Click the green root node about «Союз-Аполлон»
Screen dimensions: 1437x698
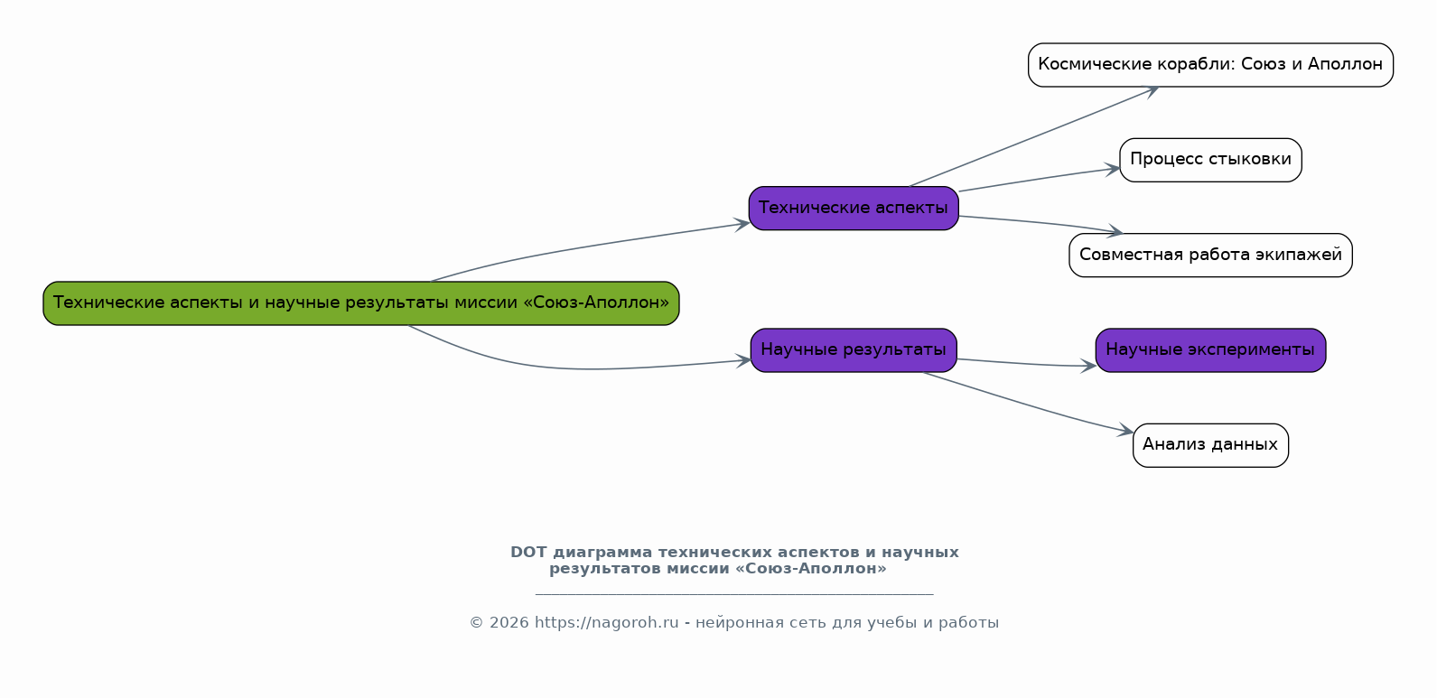(x=360, y=303)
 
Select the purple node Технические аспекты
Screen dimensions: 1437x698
(x=854, y=209)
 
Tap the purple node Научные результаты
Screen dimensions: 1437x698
(x=854, y=350)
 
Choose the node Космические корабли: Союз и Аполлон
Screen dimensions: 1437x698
(x=1210, y=65)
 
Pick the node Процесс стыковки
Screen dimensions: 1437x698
(x=1210, y=161)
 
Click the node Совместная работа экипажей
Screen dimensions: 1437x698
(x=1210, y=256)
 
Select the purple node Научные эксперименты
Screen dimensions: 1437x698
(x=1210, y=350)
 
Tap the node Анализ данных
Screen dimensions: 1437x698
(x=1210, y=445)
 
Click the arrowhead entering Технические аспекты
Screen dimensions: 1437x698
(x=742, y=224)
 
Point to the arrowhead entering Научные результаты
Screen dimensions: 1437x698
(x=743, y=360)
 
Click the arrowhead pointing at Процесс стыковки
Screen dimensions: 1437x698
(x=1113, y=170)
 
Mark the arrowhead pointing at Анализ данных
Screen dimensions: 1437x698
(x=1126, y=431)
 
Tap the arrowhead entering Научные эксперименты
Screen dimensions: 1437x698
(x=1088, y=366)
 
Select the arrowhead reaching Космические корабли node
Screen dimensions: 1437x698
(x=1151, y=91)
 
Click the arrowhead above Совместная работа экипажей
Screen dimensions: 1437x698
(x=1115, y=231)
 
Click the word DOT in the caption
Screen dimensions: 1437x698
(x=528, y=553)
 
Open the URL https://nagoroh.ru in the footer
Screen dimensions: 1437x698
(x=606, y=623)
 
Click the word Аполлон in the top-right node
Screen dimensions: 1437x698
(x=1345, y=64)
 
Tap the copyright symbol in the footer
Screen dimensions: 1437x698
(x=476, y=623)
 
